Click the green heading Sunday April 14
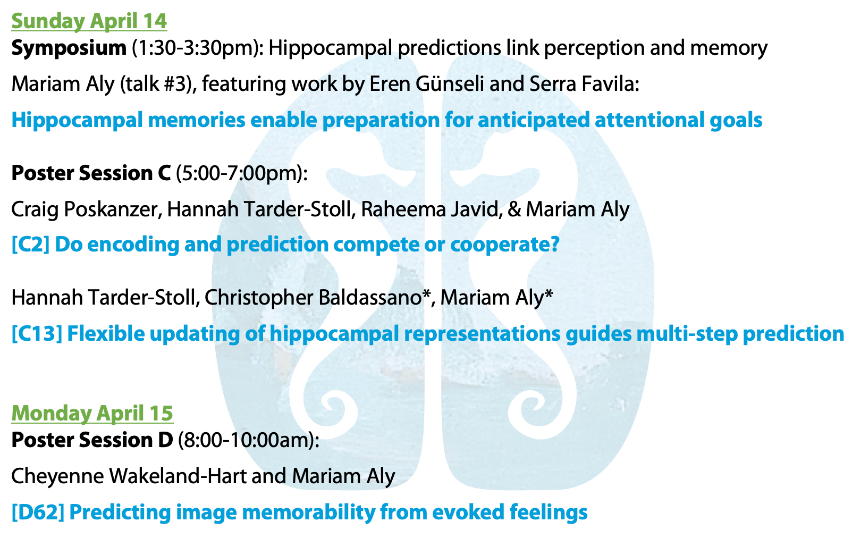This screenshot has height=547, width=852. click(x=89, y=21)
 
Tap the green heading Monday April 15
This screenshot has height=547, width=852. click(x=92, y=413)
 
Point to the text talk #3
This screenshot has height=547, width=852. click(x=155, y=84)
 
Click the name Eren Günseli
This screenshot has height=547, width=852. click(x=427, y=84)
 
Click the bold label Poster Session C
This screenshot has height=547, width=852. click(x=91, y=173)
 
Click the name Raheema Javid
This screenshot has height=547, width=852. click(x=429, y=209)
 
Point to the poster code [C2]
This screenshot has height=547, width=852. click(x=30, y=244)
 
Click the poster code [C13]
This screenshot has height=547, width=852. click(x=37, y=334)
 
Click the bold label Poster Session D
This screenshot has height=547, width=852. click(x=92, y=440)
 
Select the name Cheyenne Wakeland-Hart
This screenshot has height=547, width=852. click(x=129, y=476)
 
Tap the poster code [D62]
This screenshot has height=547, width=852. click(x=38, y=512)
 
